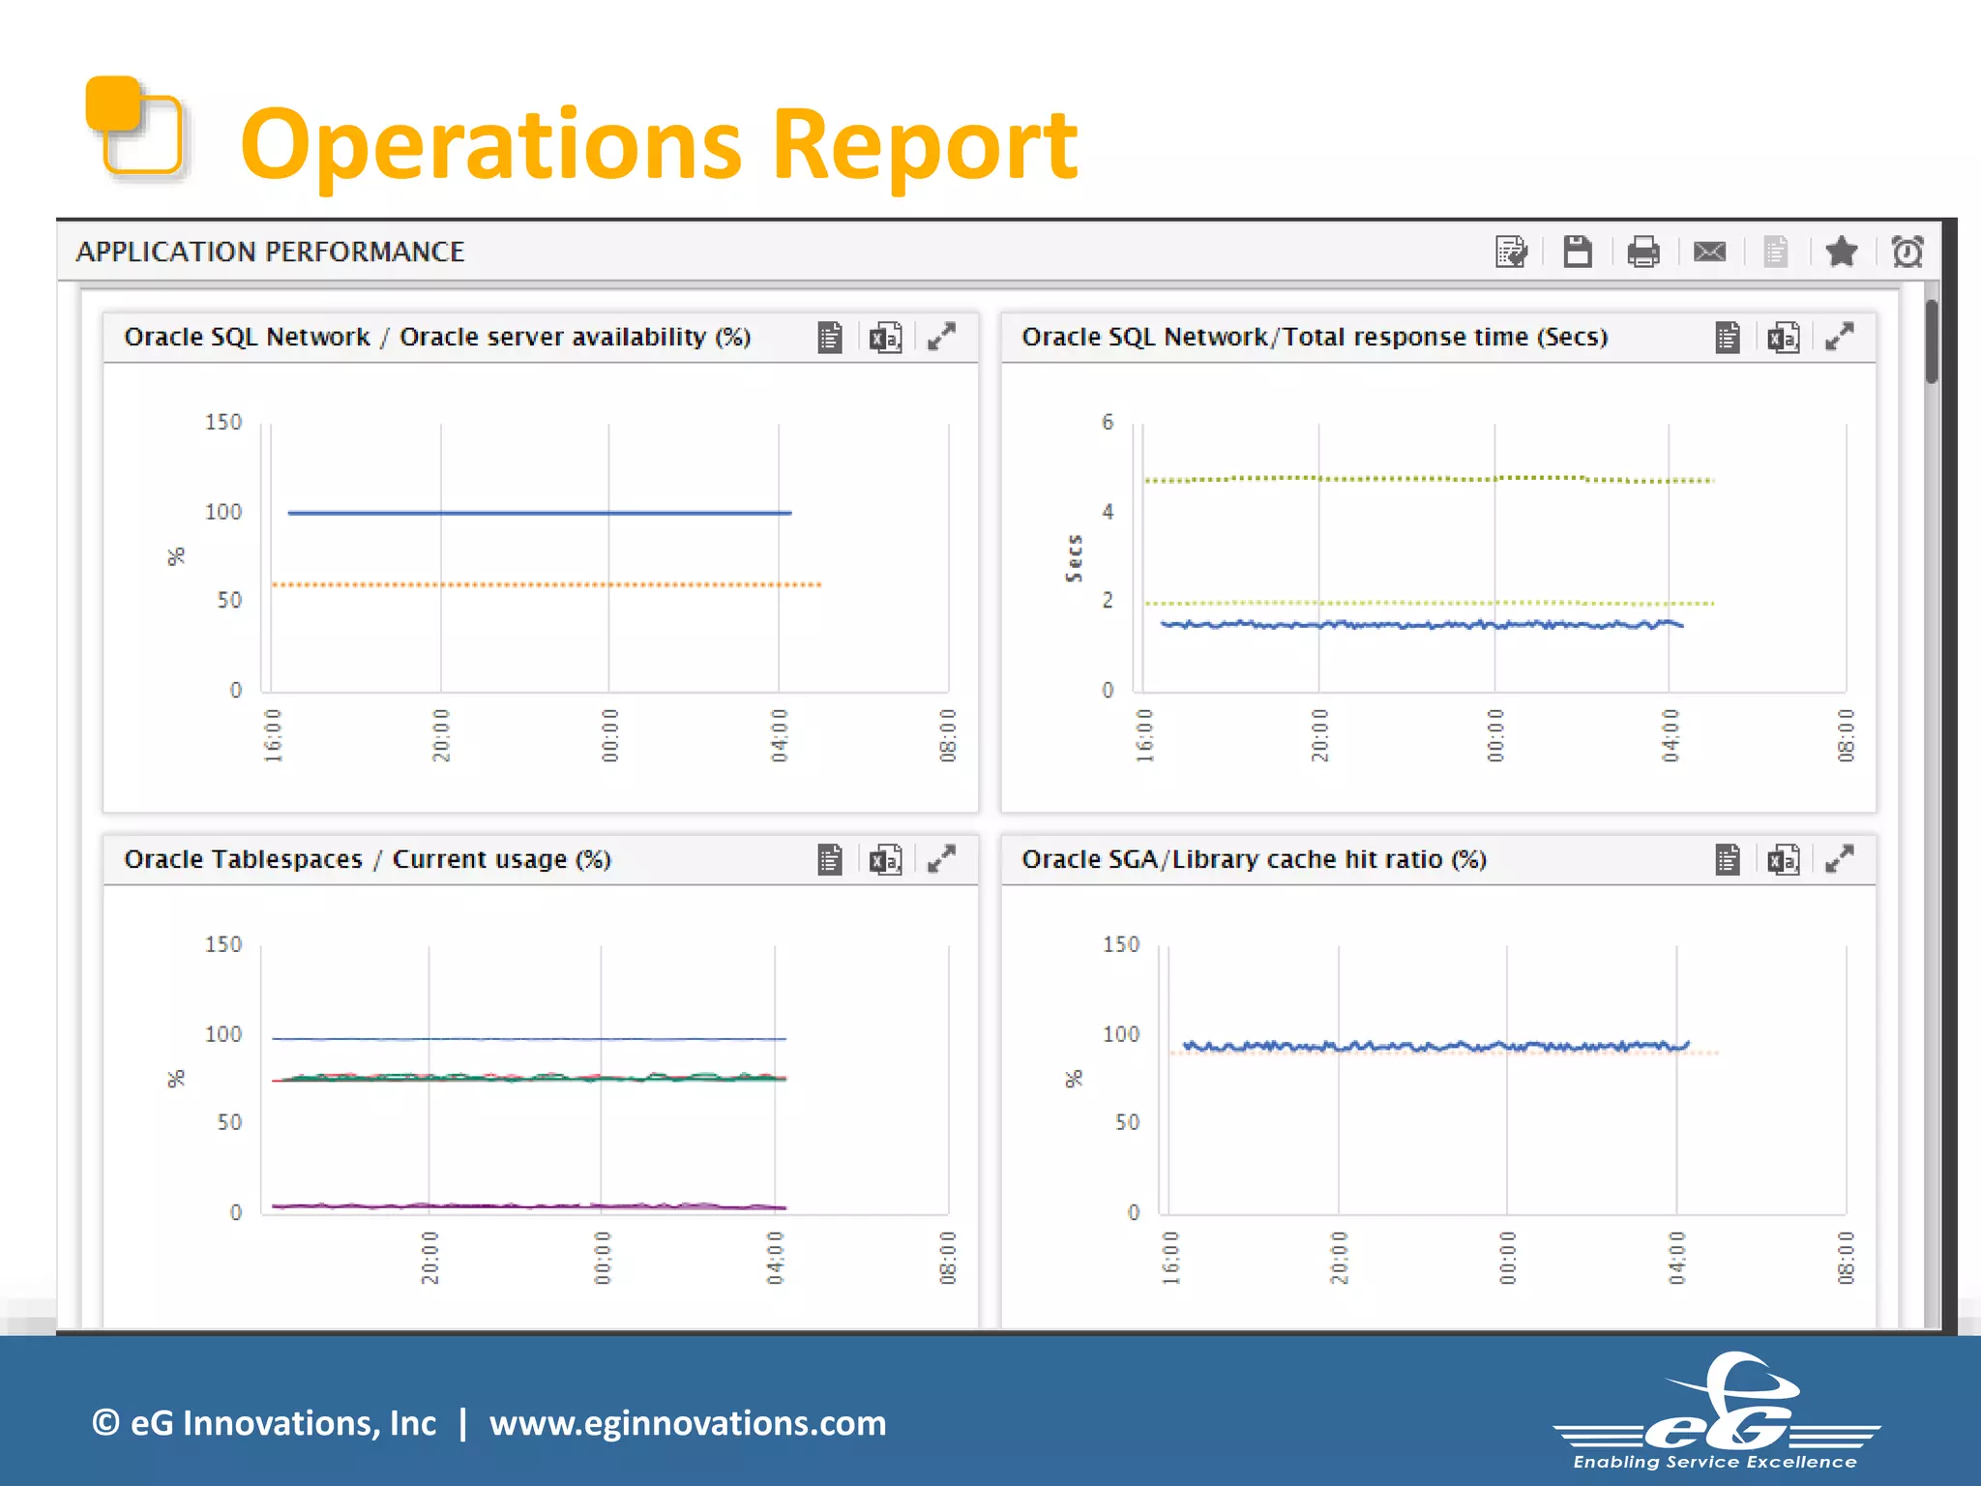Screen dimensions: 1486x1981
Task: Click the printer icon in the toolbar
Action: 1642,253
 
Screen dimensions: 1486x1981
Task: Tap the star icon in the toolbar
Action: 1841,253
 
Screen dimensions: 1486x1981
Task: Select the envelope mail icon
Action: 1709,253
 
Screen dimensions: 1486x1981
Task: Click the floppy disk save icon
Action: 1577,252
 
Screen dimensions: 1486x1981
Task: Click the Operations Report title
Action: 658,145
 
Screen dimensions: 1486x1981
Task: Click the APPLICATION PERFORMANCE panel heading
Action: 270,253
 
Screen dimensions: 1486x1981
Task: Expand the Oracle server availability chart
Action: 941,337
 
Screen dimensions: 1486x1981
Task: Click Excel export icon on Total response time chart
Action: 1783,338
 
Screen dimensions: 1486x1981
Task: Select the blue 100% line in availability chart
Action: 539,513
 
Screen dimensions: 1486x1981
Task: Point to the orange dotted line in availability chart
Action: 547,584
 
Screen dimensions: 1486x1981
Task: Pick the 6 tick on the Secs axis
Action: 1108,422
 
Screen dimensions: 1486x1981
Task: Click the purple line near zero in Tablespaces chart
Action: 529,1205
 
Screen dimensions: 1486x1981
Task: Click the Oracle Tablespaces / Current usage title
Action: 368,859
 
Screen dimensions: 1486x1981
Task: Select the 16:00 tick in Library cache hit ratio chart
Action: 1170,1258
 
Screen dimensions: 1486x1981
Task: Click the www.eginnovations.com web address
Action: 687,1423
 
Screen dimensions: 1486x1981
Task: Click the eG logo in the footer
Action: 1717,1412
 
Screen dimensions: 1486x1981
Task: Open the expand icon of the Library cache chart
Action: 1839,859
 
